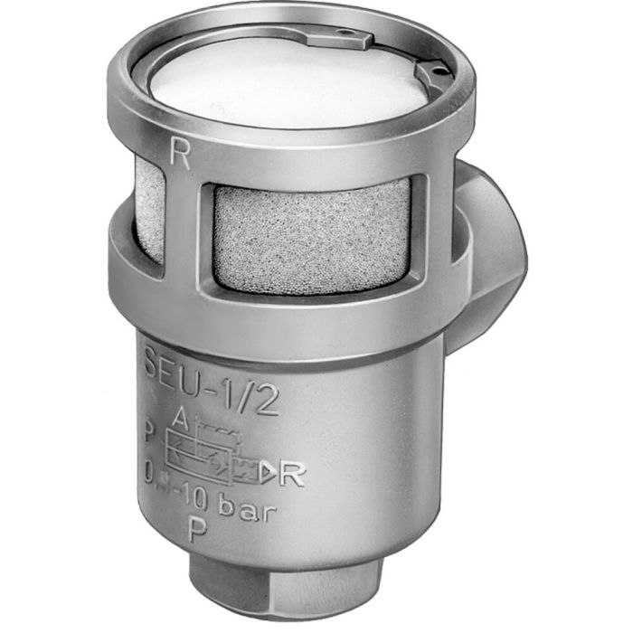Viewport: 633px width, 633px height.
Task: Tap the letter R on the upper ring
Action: pos(180,156)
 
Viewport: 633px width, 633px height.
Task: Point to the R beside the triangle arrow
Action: pos(291,473)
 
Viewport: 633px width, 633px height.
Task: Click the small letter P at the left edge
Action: pos(148,430)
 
